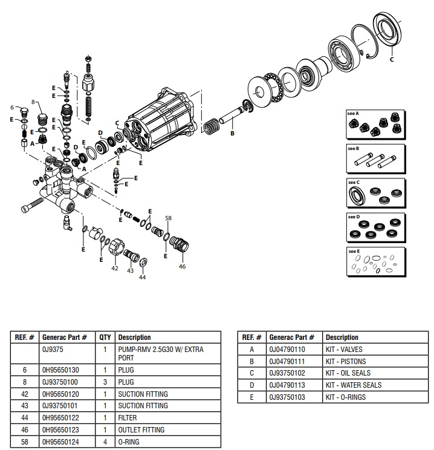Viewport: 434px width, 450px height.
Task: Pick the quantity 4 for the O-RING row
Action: pos(105,442)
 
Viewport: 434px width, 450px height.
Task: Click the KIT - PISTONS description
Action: pos(345,361)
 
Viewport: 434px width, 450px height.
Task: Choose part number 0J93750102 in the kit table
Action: pos(289,373)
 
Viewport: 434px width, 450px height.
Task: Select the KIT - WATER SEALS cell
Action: pos(354,385)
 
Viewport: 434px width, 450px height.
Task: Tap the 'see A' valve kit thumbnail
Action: pos(374,125)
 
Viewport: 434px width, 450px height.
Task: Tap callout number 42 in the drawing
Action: pos(114,268)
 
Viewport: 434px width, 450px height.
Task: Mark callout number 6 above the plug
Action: pos(11,107)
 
